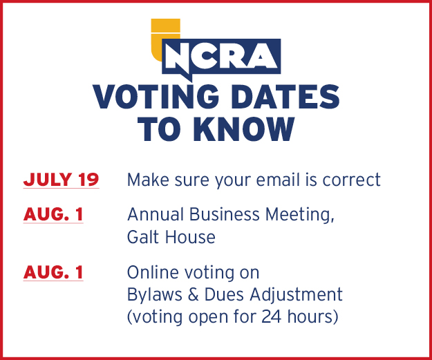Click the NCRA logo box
point(221,57)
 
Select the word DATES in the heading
point(285,97)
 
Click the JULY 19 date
point(61,180)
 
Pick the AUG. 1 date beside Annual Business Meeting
point(53,214)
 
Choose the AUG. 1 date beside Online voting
point(53,272)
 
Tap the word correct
point(352,180)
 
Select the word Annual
point(156,214)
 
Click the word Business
point(225,214)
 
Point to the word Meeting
point(300,215)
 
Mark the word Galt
point(143,237)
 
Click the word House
point(190,237)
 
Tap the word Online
point(153,272)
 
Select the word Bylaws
point(155,295)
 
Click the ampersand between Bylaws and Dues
point(193,295)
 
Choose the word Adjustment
point(296,295)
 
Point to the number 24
point(272,316)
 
